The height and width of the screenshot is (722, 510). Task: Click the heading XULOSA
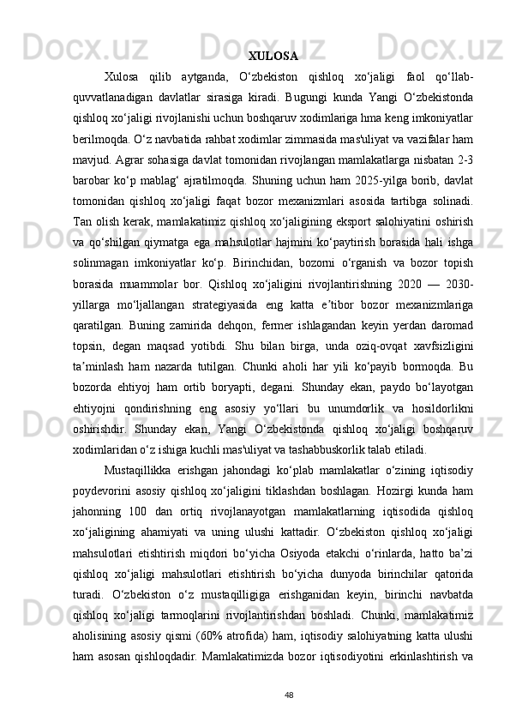pyautogui.click(x=273, y=57)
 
